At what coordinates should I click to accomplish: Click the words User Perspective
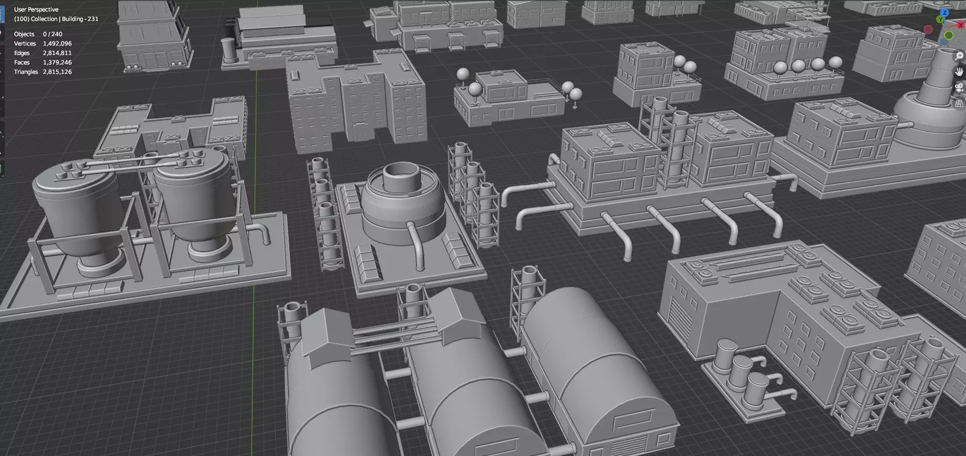(x=36, y=9)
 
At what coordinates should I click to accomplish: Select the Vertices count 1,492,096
(x=57, y=44)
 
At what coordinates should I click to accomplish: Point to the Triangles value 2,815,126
(x=57, y=72)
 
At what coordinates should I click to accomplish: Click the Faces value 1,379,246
(x=57, y=62)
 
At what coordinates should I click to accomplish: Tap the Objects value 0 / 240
(x=52, y=34)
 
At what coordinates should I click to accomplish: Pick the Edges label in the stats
(x=22, y=53)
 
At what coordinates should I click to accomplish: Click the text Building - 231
(x=80, y=19)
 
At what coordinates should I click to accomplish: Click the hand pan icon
(x=959, y=71)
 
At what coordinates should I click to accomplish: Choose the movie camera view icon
(x=959, y=88)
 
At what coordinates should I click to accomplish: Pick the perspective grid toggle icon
(x=959, y=104)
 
